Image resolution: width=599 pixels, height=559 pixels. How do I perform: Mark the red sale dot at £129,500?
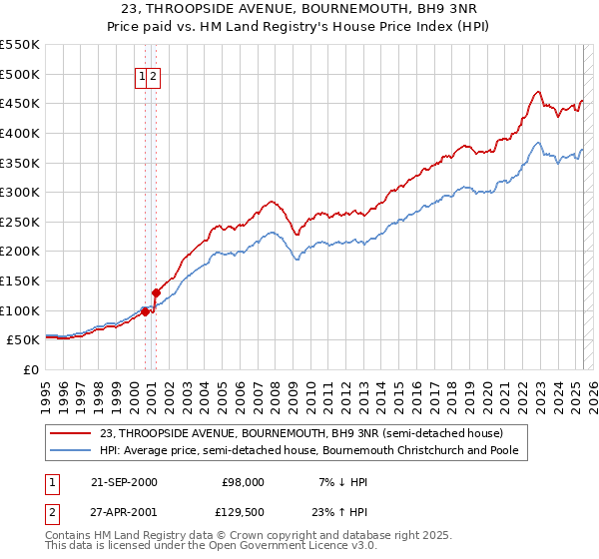click(156, 292)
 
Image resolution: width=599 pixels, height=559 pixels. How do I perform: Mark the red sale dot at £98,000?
click(145, 311)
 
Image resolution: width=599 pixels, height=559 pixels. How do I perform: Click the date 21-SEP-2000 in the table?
click(124, 481)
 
